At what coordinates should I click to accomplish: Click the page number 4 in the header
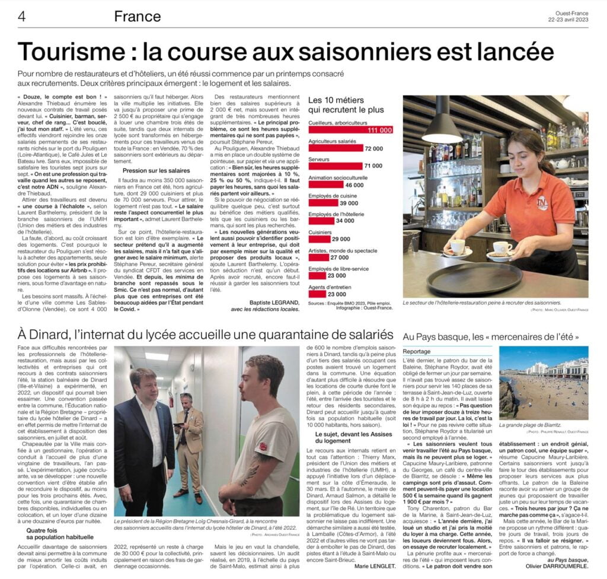(21, 16)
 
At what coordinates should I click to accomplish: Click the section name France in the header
(137, 16)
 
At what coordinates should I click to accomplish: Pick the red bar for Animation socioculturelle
(326, 185)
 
